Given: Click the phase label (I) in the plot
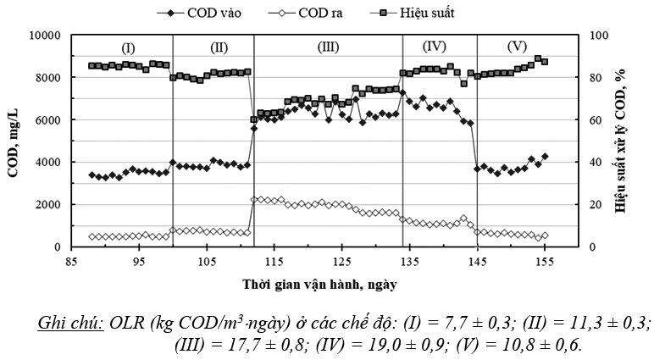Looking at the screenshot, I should point(128,47).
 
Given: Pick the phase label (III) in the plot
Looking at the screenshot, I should point(329,47).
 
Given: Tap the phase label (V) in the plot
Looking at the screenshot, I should point(517,47).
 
